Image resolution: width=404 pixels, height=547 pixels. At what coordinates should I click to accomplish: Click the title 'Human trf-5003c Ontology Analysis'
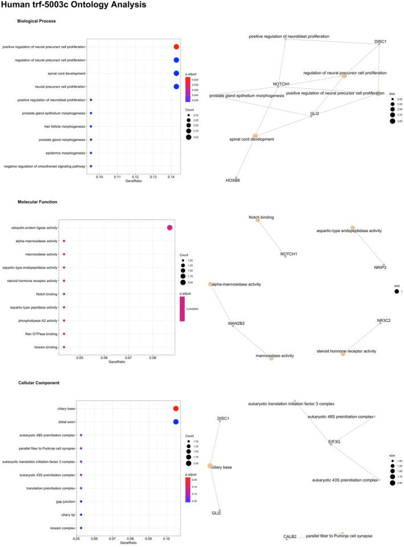[74, 6]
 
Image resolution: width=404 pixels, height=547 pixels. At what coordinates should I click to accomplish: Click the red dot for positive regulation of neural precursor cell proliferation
[176, 47]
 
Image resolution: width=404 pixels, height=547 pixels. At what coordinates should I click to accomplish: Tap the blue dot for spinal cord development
[176, 74]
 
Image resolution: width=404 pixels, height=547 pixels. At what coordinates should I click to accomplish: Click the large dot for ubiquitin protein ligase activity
[169, 228]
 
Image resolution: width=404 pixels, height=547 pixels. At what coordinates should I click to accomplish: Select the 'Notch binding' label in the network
[262, 217]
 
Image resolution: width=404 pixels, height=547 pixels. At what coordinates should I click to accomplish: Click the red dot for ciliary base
[176, 409]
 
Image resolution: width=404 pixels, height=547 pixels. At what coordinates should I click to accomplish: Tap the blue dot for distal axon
[176, 422]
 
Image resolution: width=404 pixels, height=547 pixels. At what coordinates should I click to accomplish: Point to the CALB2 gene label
[290, 537]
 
